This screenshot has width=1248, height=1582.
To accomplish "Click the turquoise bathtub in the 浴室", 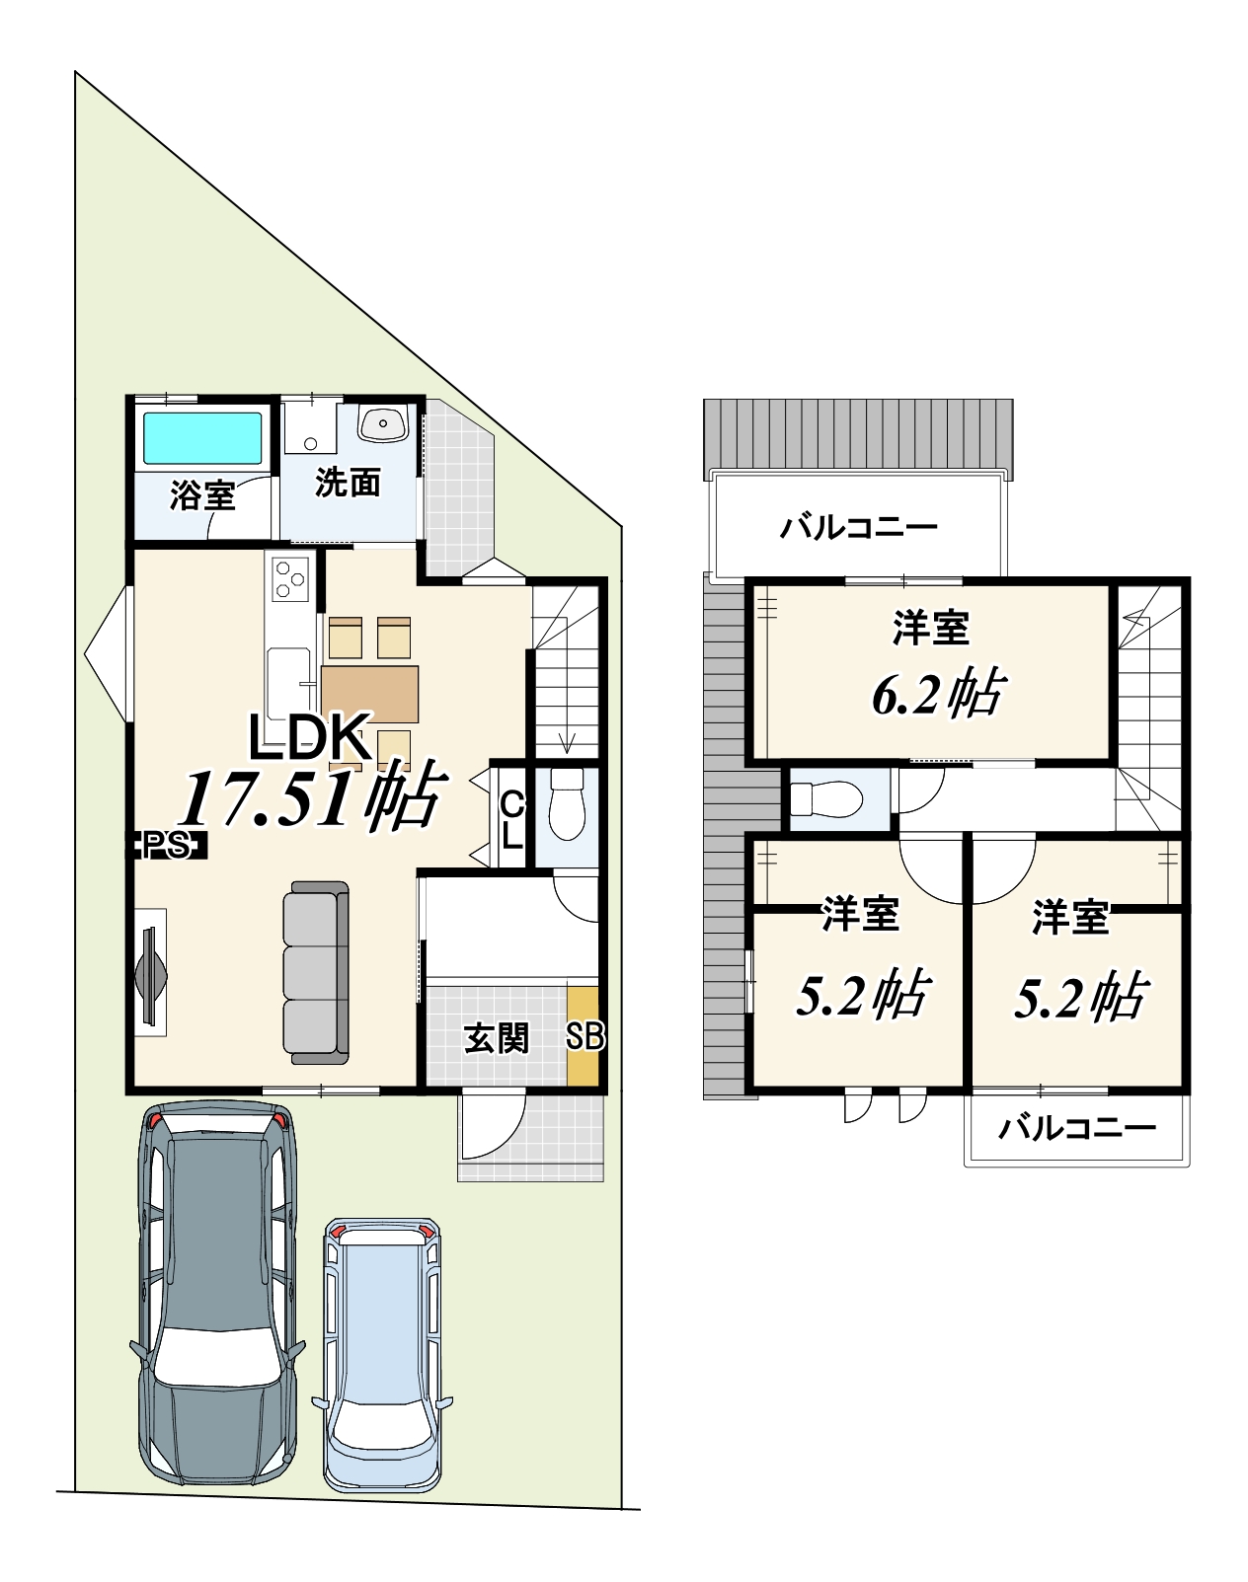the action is pos(203,438).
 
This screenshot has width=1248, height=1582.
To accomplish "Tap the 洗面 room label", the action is pos(348,483).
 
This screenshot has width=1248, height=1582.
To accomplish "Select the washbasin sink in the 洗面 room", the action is pos(382,424).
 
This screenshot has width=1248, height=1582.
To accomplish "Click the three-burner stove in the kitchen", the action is pos(289,578).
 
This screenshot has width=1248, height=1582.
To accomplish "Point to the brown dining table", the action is pos(370,694).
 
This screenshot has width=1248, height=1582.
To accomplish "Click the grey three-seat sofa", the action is pos(316,972).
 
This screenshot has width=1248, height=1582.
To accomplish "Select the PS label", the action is pos(169,846).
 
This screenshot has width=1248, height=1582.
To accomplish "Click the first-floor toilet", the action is pos(567,805).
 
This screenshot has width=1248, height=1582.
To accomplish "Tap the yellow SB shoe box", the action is pos(583,1036).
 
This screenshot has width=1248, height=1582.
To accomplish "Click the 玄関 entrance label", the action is pos(497,1039).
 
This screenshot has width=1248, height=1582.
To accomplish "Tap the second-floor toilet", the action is pos(825,799).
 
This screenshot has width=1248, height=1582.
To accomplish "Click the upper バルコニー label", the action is pos(859,528).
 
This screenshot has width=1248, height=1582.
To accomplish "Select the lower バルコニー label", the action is pos(1077,1128).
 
